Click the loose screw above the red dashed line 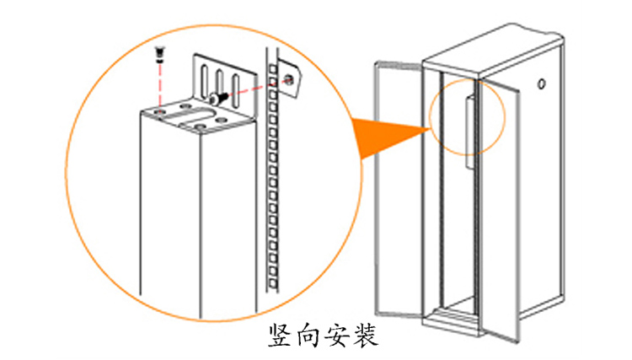[159, 55]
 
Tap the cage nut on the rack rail [289, 78]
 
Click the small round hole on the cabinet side [542, 83]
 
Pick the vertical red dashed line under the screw [159, 84]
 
